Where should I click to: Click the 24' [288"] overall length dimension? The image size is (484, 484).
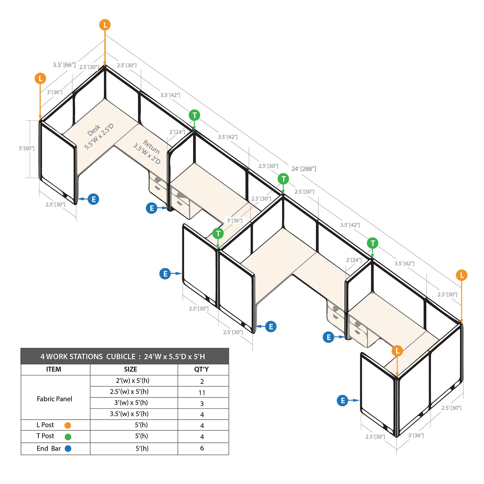[304, 169]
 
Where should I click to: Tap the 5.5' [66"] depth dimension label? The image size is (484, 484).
[64, 65]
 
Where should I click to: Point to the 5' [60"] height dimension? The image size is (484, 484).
[27, 148]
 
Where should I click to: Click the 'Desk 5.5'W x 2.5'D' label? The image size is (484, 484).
[99, 137]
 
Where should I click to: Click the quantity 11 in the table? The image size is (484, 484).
[202, 393]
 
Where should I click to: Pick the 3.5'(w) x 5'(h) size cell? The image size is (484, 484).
[129, 414]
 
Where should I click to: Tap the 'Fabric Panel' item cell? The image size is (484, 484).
[54, 399]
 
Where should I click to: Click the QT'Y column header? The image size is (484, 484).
[201, 369]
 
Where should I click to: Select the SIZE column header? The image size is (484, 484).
[130, 369]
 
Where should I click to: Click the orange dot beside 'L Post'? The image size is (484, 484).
[68, 425]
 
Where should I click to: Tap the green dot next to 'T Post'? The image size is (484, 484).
[68, 437]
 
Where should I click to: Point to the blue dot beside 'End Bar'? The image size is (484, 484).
[68, 449]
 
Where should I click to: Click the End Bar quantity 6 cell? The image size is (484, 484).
[202, 448]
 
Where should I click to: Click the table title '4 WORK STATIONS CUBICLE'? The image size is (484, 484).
[88, 357]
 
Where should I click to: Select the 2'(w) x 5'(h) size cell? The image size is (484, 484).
[132, 381]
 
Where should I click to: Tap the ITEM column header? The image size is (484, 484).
[54, 369]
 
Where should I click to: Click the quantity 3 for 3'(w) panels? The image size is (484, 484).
[202, 404]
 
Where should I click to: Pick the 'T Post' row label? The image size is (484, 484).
[45, 436]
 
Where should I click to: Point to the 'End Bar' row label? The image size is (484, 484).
[49, 449]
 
